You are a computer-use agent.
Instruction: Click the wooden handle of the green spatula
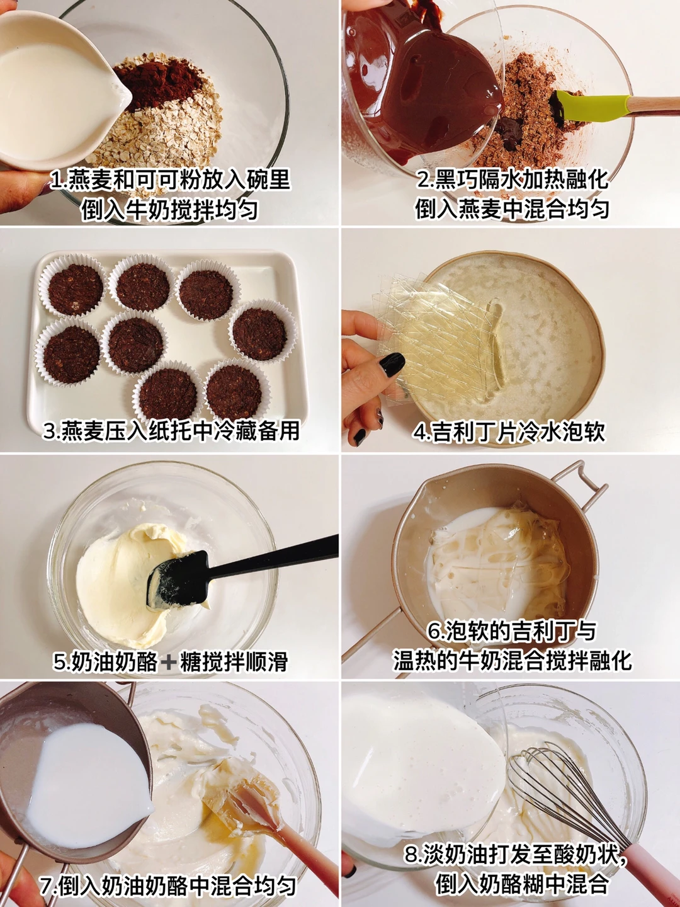[654, 105]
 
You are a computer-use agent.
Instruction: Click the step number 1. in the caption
[59, 181]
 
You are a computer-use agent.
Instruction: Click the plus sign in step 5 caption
[169, 661]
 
